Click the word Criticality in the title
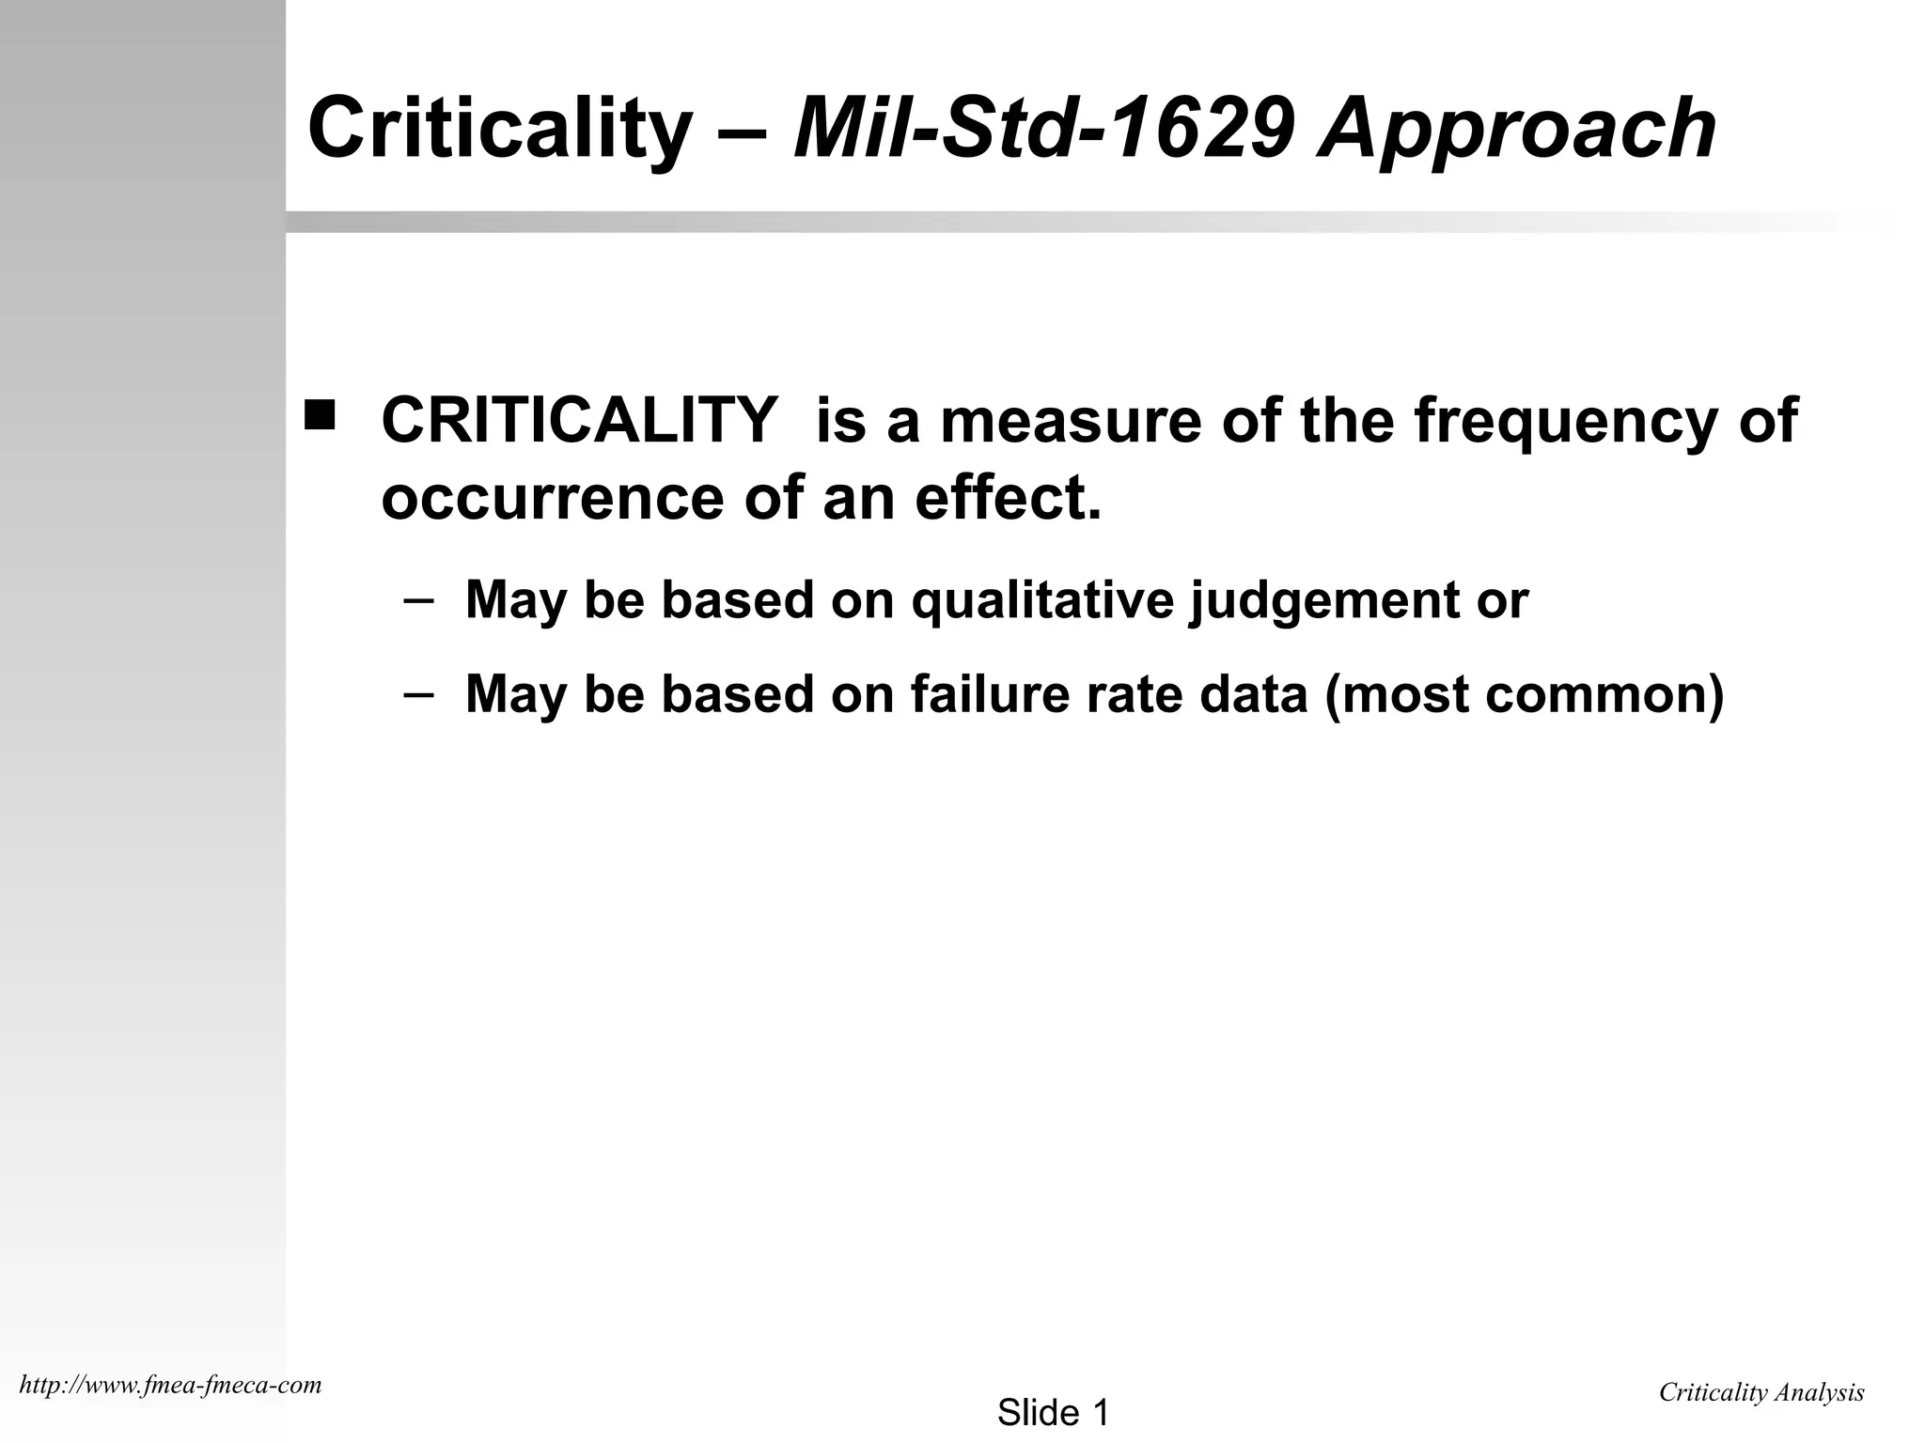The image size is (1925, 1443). point(499,129)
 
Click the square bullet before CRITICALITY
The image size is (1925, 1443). point(320,414)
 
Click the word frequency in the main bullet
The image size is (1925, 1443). point(1566,421)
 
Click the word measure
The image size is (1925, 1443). point(1071,420)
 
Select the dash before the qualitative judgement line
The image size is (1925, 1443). point(418,600)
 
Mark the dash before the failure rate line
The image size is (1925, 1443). point(418,693)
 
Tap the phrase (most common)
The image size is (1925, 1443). point(1524,695)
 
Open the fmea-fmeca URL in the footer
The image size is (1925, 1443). point(170,1385)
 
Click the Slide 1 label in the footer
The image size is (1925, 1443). point(1053,1412)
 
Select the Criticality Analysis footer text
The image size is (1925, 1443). point(1761,1392)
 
